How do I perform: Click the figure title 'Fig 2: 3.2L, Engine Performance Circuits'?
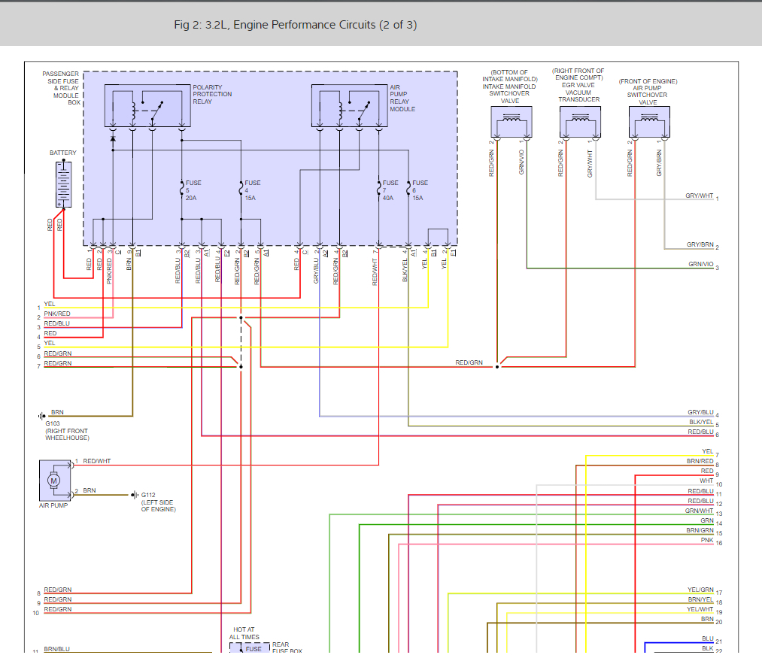coord(295,25)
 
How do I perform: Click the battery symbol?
coord(63,183)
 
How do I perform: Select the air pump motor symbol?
coord(53,480)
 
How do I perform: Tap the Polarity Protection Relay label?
coord(212,95)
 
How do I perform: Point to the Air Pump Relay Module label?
coord(402,99)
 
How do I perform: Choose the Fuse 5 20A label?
coord(193,190)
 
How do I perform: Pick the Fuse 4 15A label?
coord(253,190)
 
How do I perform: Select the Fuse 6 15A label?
coord(420,190)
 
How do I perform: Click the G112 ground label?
coord(150,495)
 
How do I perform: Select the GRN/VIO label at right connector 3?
coord(700,265)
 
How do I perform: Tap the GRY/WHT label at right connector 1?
coord(699,196)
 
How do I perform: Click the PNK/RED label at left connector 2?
coord(57,314)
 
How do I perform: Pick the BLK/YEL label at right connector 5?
coord(700,423)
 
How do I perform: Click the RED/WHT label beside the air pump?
coord(97,461)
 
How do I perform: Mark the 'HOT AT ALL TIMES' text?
coord(244,633)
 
